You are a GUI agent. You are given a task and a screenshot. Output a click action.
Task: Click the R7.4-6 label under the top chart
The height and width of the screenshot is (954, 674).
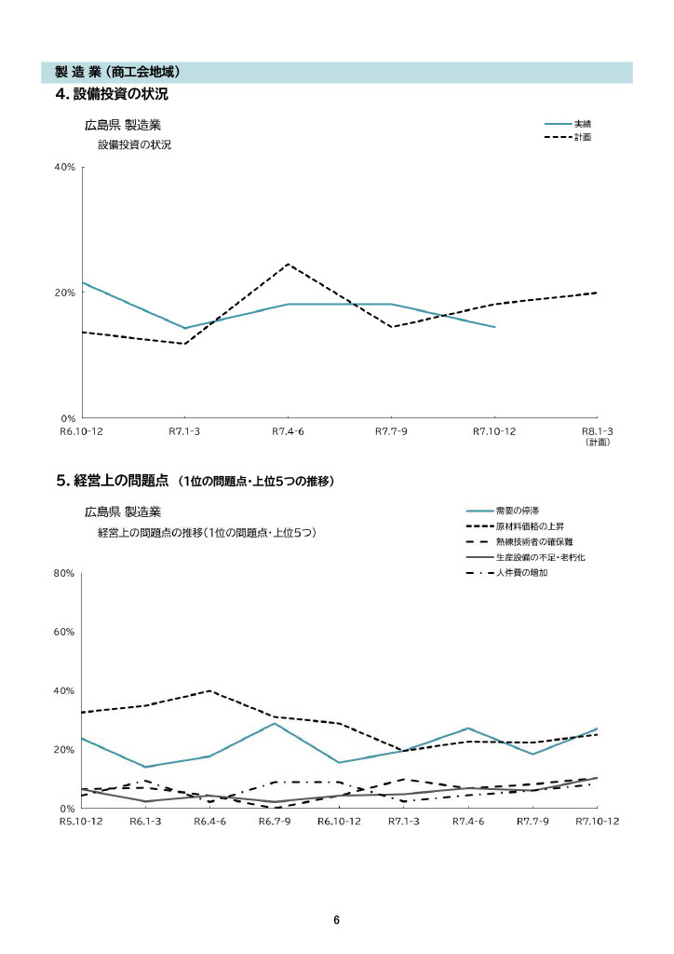[x=289, y=431]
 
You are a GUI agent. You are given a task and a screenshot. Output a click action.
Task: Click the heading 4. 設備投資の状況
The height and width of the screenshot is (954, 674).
[x=112, y=94]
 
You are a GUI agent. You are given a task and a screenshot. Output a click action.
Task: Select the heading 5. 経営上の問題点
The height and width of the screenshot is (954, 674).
[x=112, y=481]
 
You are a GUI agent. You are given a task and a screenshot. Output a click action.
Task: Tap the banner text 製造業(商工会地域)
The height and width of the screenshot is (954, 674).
[x=116, y=72]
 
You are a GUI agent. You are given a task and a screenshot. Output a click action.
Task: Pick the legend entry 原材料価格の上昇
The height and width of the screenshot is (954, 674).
[x=529, y=526]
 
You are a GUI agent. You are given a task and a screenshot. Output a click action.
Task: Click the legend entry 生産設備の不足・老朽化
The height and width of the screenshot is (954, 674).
[x=540, y=557]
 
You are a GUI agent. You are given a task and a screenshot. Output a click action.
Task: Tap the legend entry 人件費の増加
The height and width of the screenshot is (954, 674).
[x=521, y=572]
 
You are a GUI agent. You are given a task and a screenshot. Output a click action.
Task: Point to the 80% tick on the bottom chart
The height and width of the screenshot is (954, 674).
[x=63, y=574]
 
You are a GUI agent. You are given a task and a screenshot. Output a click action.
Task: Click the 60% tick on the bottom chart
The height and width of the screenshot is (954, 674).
[x=63, y=633]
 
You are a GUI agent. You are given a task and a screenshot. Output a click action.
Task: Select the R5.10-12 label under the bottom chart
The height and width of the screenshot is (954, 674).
[x=82, y=821]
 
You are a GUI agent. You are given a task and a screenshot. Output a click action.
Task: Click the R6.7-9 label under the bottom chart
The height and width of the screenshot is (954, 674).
[x=275, y=821]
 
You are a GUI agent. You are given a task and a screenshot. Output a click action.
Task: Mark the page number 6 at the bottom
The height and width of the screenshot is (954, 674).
[x=337, y=920]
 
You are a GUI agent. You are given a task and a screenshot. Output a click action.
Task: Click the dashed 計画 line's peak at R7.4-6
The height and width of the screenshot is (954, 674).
[x=289, y=264]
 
